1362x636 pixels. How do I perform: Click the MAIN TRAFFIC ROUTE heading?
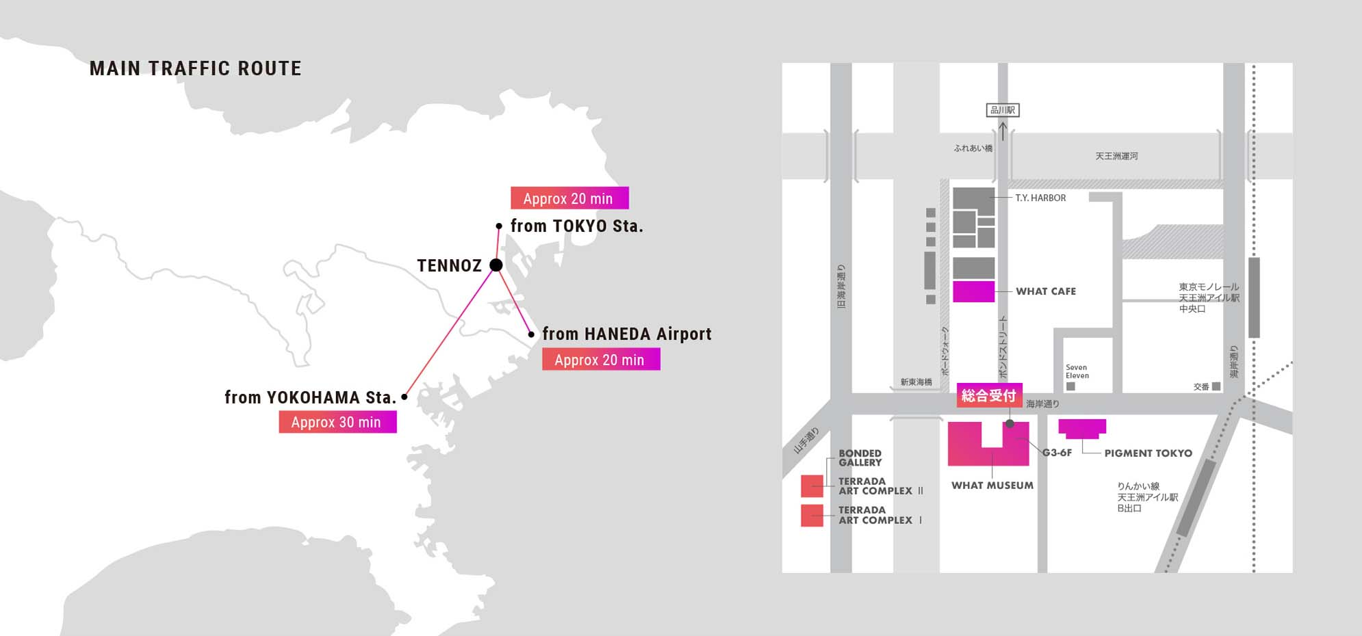[195, 68]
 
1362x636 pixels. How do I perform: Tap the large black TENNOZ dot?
[496, 265]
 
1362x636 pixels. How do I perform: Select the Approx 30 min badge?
[337, 422]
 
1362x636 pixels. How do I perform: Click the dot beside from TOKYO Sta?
[499, 226]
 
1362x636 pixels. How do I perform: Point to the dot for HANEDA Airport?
[531, 334]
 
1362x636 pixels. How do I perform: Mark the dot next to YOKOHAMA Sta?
[404, 397]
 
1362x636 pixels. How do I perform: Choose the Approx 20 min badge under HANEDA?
[601, 360]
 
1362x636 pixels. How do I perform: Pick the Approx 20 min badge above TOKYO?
[569, 198]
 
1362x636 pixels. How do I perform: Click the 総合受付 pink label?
[989, 395]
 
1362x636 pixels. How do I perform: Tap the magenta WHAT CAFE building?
[973, 291]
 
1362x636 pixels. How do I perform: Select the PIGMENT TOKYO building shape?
[1082, 428]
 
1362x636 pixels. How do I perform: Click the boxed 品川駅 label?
[1003, 110]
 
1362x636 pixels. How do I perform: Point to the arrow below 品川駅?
[1003, 130]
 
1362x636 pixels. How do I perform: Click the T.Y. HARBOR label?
[1040, 198]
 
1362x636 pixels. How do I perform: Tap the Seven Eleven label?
[1077, 371]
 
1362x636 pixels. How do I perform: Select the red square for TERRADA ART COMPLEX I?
[812, 515]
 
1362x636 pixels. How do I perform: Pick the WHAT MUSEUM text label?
[992, 486]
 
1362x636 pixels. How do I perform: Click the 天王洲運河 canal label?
[1116, 157]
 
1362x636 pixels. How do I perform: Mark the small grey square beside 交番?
[1216, 386]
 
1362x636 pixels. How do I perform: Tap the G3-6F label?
[1057, 453]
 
